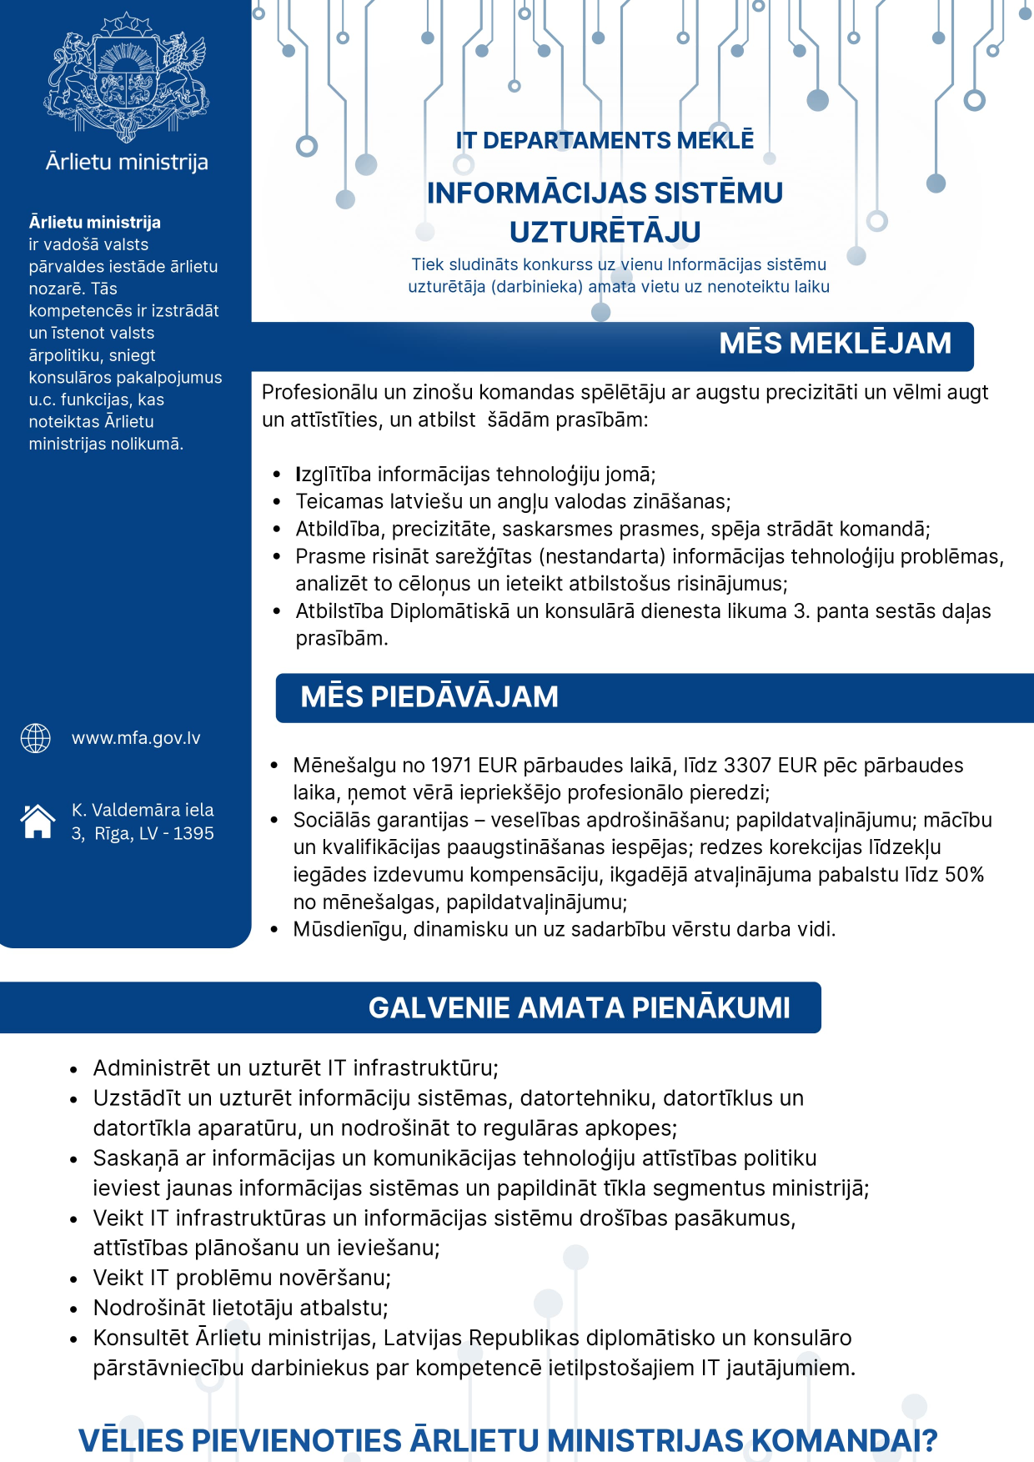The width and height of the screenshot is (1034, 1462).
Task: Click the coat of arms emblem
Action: [126, 77]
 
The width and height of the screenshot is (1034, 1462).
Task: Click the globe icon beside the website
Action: [36, 738]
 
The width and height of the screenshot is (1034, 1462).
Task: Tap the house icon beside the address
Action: [38, 821]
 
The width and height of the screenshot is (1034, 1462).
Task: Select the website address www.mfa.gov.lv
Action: [136, 738]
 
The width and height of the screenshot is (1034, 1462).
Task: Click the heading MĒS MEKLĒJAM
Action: [835, 344]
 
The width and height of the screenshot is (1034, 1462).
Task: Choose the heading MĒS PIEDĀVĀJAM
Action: [429, 697]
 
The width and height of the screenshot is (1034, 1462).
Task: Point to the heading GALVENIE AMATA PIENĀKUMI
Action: [579, 1007]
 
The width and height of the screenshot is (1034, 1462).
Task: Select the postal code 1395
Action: [193, 834]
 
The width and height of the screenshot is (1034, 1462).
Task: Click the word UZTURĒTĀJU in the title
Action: [605, 232]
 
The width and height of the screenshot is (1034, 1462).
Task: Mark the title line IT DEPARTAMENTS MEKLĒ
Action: [605, 140]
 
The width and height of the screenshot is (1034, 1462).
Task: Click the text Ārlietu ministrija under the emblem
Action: [127, 162]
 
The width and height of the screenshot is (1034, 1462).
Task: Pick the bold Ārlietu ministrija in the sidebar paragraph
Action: [95, 223]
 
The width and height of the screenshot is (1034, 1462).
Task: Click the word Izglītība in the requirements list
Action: [334, 475]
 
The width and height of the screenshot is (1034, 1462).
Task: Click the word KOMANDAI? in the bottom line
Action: [846, 1441]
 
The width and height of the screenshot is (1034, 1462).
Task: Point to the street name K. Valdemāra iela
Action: [143, 810]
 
